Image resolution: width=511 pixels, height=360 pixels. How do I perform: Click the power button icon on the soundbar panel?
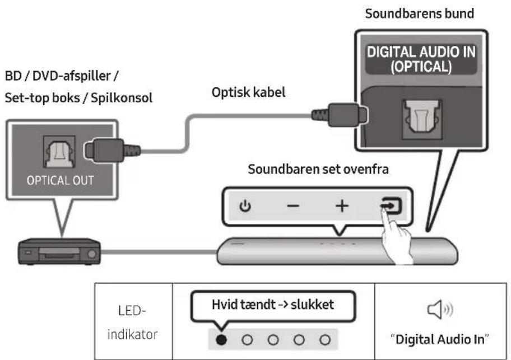click(245, 206)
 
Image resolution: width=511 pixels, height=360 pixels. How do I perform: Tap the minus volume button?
click(293, 205)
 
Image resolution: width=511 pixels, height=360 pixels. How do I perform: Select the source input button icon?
click(391, 205)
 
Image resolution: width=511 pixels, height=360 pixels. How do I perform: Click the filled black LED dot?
click(221, 340)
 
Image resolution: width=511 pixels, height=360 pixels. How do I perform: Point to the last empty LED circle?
click(325, 340)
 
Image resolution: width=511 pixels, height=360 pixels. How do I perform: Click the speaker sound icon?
click(440, 309)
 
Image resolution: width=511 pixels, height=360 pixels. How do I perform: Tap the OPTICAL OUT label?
click(61, 180)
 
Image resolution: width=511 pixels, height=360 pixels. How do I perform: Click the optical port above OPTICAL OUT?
click(59, 152)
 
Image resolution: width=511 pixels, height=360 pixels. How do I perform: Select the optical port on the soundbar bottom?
click(422, 119)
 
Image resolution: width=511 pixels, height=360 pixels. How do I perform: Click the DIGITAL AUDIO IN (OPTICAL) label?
click(421, 59)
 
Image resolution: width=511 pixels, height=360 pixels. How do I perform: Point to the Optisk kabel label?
click(248, 92)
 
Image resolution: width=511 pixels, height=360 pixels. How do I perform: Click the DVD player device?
click(59, 251)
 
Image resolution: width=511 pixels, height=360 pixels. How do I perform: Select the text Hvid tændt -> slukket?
click(273, 305)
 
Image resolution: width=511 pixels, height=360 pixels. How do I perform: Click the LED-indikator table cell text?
click(132, 322)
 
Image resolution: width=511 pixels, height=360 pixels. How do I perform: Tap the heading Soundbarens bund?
click(420, 13)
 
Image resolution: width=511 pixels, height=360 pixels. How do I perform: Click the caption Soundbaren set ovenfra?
click(318, 169)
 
